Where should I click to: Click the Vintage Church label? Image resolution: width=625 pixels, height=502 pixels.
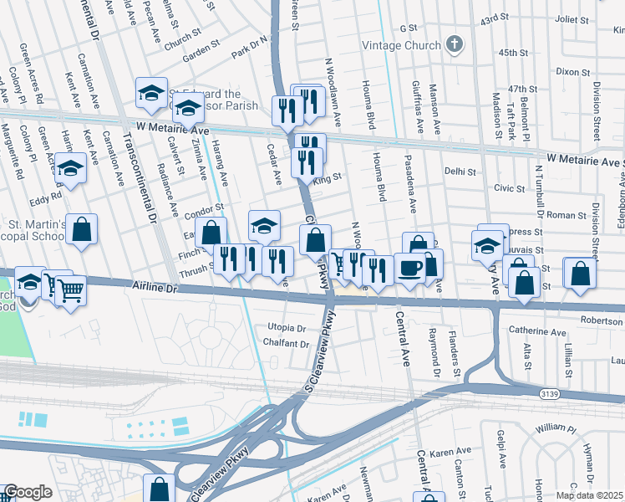click(x=399, y=45)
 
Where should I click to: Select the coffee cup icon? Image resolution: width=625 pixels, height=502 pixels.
click(x=409, y=268)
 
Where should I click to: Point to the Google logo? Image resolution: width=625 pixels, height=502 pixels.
click(x=28, y=492)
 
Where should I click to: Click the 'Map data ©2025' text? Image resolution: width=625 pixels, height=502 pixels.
click(x=589, y=495)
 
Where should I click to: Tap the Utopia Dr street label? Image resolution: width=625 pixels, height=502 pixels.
click(x=287, y=327)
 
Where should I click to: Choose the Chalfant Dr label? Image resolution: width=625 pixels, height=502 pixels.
click(x=287, y=343)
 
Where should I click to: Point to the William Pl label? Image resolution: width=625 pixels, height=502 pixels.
click(x=556, y=428)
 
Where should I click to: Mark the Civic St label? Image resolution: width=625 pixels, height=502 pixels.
click(x=508, y=188)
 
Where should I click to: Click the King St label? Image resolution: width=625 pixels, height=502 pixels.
click(x=328, y=178)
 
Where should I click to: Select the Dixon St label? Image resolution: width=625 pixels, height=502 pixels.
click(x=574, y=72)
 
